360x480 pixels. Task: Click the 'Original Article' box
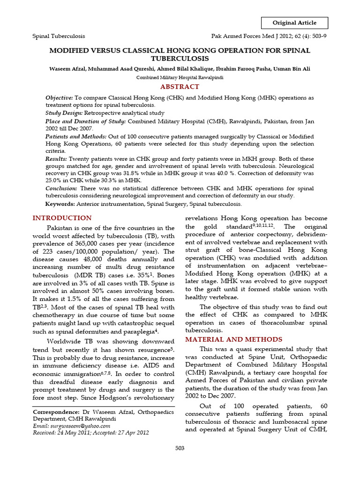coord(294,22)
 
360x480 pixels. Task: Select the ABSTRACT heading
coord(180,87)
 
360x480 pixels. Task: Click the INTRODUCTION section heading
coord(62,218)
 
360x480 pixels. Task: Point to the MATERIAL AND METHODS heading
coord(234,339)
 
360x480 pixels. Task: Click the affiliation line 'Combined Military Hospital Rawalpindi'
coord(180,78)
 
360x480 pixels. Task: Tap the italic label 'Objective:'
coord(59,97)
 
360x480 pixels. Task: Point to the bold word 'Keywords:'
coord(60,204)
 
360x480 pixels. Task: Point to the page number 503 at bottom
coord(180,449)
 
